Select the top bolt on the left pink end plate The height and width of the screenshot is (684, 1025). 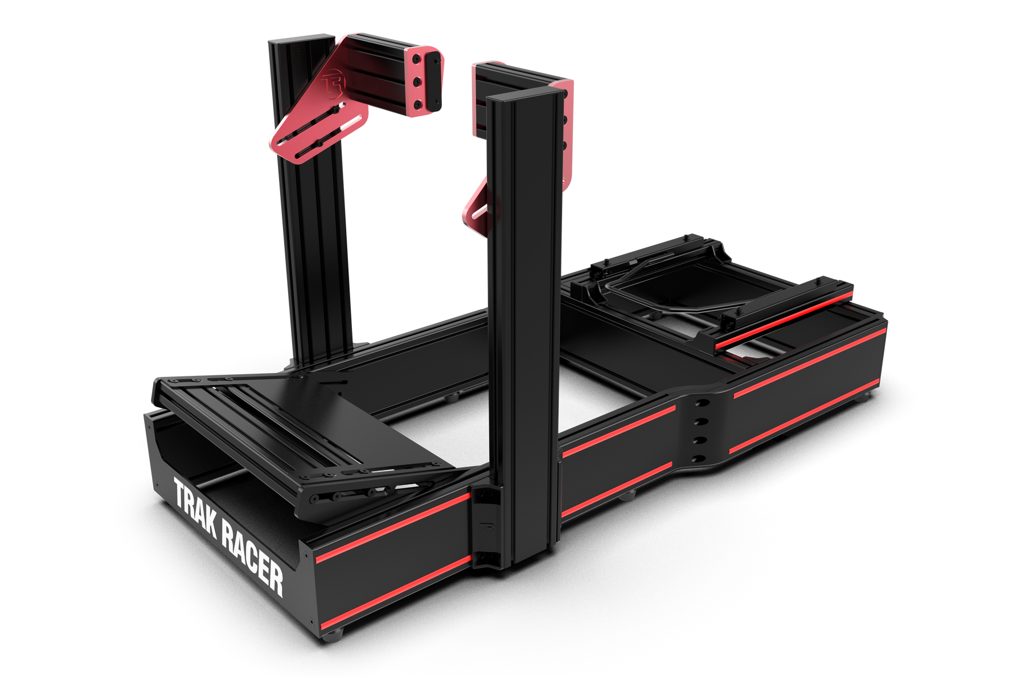(x=417, y=59)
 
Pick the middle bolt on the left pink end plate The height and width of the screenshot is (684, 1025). (x=418, y=83)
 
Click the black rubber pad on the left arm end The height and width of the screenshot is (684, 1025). (x=434, y=81)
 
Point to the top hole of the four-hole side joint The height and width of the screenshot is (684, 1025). (x=701, y=403)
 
